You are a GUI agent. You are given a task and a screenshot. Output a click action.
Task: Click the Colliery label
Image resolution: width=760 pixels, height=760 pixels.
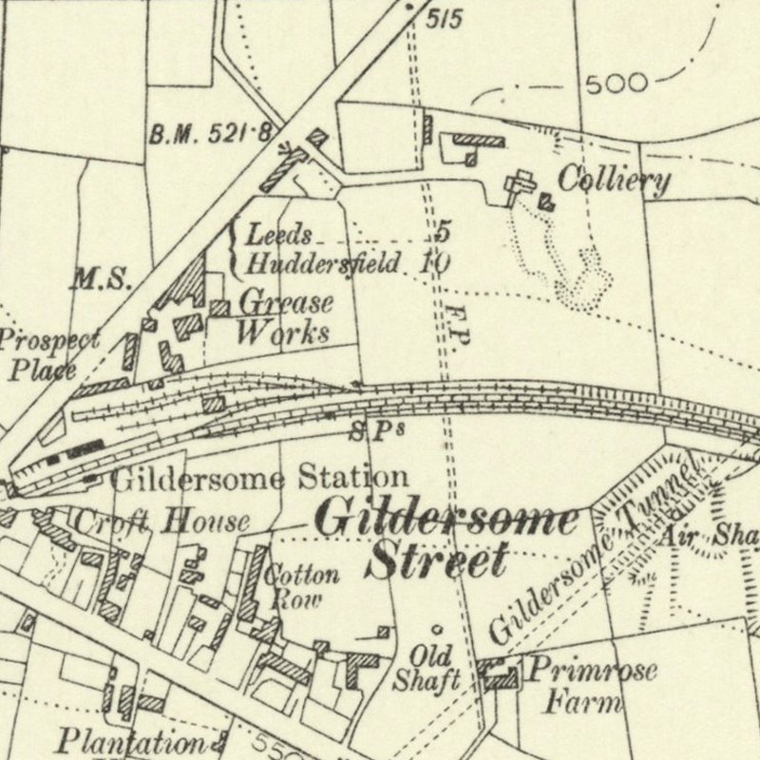(613, 180)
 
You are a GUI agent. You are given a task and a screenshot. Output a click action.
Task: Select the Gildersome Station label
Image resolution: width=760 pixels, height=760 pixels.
(259, 477)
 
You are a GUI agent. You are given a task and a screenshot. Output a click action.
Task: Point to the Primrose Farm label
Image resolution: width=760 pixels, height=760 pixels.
(590, 686)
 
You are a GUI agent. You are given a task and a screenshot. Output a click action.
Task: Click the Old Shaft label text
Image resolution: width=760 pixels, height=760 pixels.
(435, 668)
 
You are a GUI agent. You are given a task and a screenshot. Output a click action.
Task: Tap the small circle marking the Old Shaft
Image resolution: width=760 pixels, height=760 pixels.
(436, 629)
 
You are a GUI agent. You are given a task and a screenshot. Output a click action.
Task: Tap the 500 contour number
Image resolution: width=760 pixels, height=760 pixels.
(617, 84)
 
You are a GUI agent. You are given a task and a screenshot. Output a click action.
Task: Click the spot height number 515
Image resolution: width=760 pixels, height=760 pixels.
(444, 18)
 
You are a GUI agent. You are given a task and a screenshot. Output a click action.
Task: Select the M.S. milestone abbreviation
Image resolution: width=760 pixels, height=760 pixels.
(100, 279)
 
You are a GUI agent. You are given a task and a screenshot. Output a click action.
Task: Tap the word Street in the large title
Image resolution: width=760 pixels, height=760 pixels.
(437, 560)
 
